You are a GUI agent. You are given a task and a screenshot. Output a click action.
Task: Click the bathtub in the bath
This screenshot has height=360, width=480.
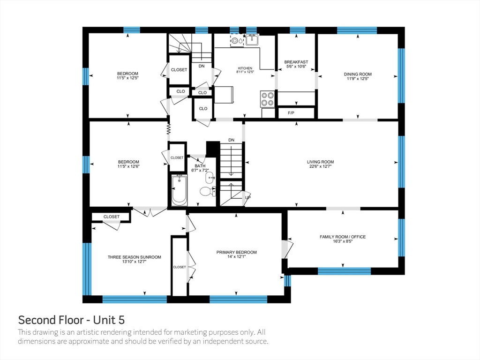click(179, 190)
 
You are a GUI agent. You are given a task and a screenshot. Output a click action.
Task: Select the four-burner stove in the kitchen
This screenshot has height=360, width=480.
click(267, 99)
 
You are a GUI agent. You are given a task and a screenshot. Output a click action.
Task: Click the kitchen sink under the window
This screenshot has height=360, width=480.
click(252, 40)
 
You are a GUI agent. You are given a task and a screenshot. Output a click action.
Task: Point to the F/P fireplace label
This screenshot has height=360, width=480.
click(291, 113)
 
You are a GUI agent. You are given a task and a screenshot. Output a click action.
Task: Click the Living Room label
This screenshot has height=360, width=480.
click(320, 162)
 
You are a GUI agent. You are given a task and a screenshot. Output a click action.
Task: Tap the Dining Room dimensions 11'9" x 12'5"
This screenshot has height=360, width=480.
click(358, 78)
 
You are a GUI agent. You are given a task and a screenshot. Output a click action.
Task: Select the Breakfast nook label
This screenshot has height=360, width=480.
click(296, 62)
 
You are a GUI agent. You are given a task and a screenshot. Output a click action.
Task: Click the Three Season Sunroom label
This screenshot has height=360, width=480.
click(135, 257)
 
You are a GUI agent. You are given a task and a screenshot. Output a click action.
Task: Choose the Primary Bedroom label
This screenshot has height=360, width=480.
click(237, 252)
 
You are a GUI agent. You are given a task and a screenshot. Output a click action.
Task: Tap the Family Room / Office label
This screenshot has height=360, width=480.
click(343, 237)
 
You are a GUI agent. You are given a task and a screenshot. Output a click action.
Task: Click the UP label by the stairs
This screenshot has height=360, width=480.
click(247, 197)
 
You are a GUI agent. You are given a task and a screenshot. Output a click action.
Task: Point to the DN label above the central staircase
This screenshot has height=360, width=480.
click(232, 140)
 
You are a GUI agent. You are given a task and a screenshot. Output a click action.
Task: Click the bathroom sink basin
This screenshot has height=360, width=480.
click(210, 177)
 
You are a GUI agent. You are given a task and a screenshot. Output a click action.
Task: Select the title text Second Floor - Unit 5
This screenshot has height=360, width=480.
click(71, 320)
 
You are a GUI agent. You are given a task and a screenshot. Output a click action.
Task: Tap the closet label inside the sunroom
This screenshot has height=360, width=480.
click(112, 217)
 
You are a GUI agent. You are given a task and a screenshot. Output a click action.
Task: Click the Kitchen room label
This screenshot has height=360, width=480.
click(245, 68)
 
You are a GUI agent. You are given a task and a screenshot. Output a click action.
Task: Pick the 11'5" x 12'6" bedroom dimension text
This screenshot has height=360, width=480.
click(128, 166)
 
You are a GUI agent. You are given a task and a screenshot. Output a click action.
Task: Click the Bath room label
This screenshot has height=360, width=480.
click(200, 166)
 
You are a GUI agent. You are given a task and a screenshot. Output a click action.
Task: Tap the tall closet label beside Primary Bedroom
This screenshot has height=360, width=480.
click(180, 267)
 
